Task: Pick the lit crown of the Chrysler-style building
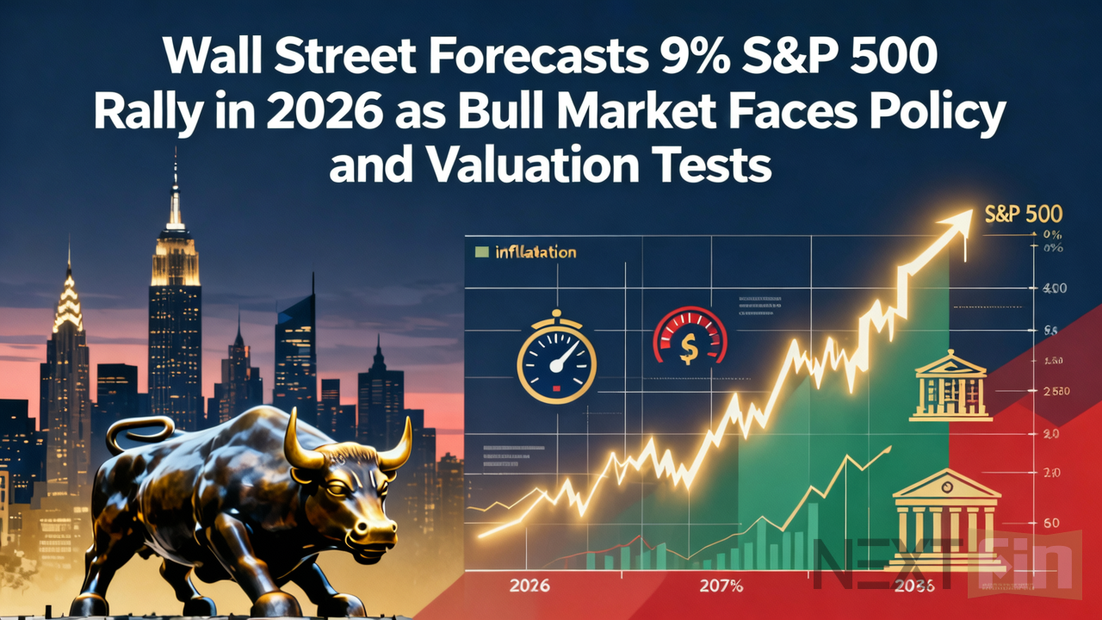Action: click(x=67, y=306)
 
